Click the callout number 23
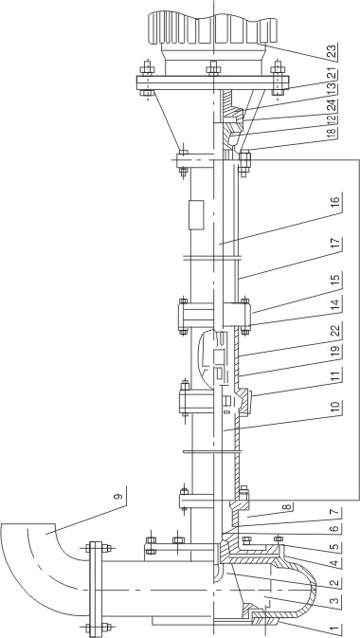[334, 52]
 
